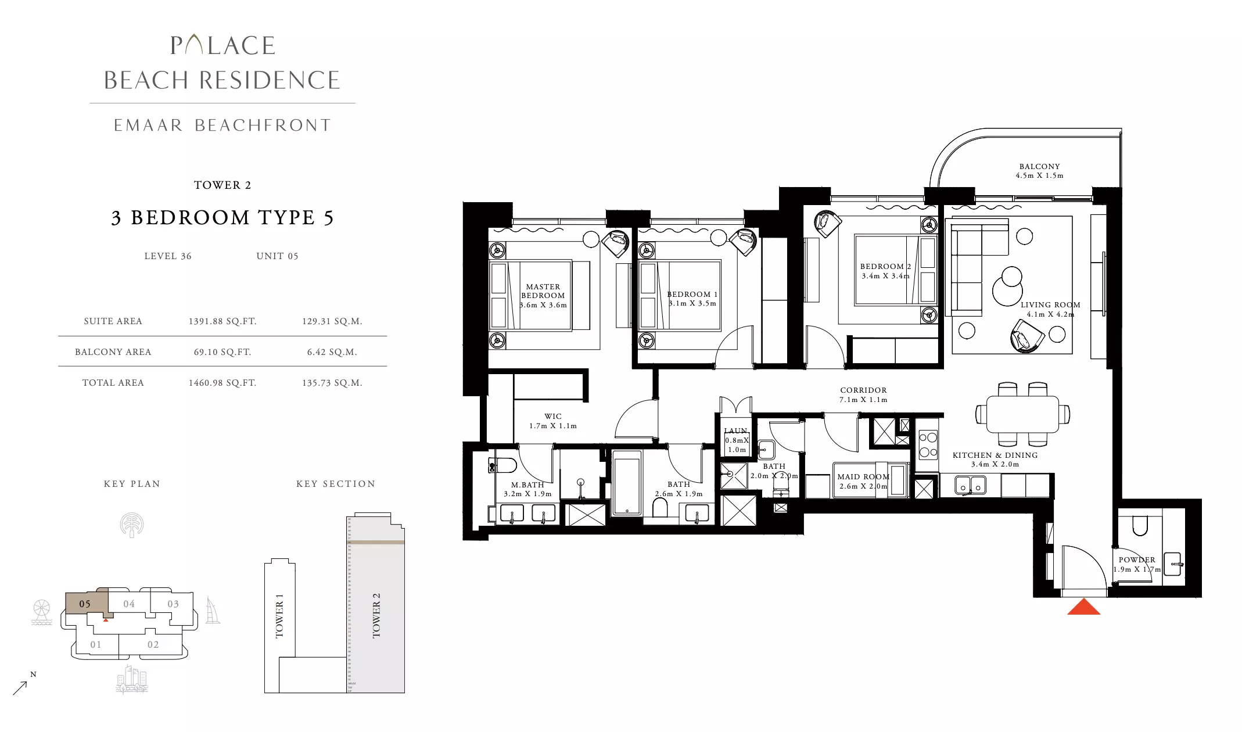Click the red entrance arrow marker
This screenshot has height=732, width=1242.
tap(1083, 607)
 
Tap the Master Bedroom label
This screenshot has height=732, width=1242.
tap(543, 291)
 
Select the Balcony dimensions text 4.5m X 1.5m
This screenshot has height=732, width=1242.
tap(1039, 175)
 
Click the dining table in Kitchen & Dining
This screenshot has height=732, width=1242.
tap(1022, 414)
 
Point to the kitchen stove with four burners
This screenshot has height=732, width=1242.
tap(928, 445)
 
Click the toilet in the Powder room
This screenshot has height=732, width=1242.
tap(1140, 525)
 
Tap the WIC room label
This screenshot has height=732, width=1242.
tap(553, 417)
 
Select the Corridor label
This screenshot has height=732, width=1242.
tap(863, 390)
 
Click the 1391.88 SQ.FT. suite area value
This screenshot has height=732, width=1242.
tap(222, 321)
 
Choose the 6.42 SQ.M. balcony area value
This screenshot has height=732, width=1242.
tap(332, 352)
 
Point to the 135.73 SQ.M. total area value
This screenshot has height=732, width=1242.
tap(332, 383)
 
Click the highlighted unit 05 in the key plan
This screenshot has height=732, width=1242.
tap(85, 604)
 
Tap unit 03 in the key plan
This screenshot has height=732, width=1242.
tap(173, 604)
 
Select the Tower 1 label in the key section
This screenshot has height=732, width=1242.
tap(279, 616)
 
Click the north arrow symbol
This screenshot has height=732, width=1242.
tap(20, 687)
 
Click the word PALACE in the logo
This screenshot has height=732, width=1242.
tap(222, 45)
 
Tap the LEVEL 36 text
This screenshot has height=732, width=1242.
tap(168, 256)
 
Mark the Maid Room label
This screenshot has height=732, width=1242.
tap(863, 477)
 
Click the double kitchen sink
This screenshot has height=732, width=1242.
tap(970, 485)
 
